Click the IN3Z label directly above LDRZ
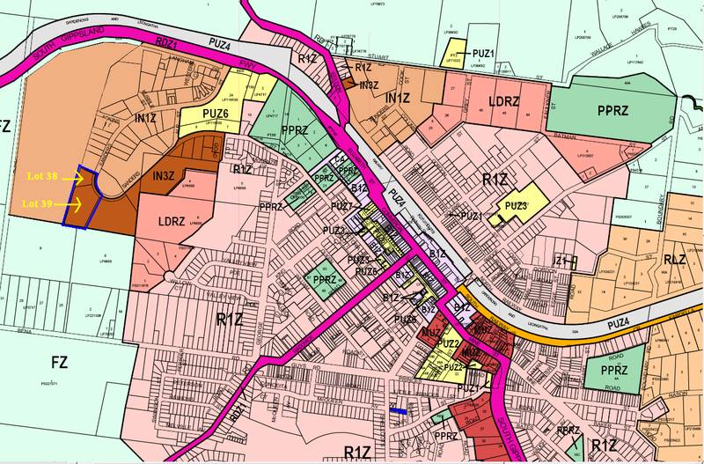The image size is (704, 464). pyautogui.click(x=165, y=178)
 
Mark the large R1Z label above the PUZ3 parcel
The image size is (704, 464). pyautogui.click(x=495, y=180)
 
